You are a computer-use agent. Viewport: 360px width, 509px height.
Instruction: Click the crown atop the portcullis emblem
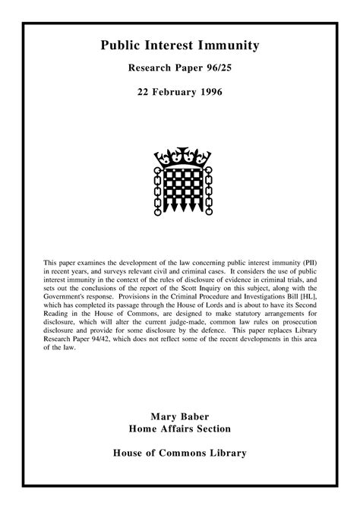tap(179, 158)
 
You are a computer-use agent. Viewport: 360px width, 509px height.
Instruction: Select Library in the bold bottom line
tap(226, 454)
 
